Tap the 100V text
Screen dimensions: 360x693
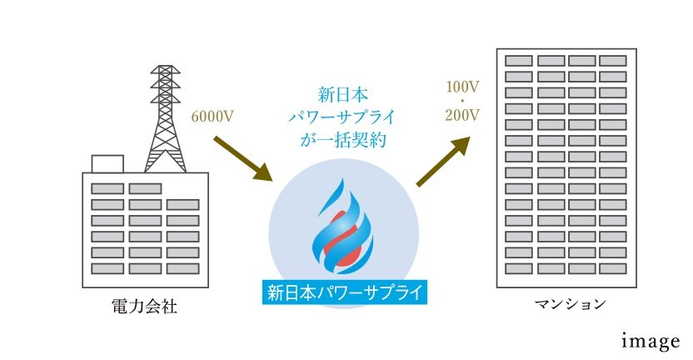tap(463, 87)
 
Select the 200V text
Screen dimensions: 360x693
tap(463, 116)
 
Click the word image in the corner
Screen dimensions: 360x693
tap(651, 341)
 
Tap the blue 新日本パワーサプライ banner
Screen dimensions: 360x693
tap(343, 292)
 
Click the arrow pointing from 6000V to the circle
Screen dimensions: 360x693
tap(243, 157)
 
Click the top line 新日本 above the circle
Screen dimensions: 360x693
tap(343, 92)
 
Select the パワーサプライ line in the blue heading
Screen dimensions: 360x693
tap(343, 116)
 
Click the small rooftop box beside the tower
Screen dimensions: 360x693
tap(107, 164)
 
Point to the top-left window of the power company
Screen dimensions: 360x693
tap(107, 188)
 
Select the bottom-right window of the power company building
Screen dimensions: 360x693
tap(182, 268)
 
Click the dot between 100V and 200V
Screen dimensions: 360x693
tap(462, 101)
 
